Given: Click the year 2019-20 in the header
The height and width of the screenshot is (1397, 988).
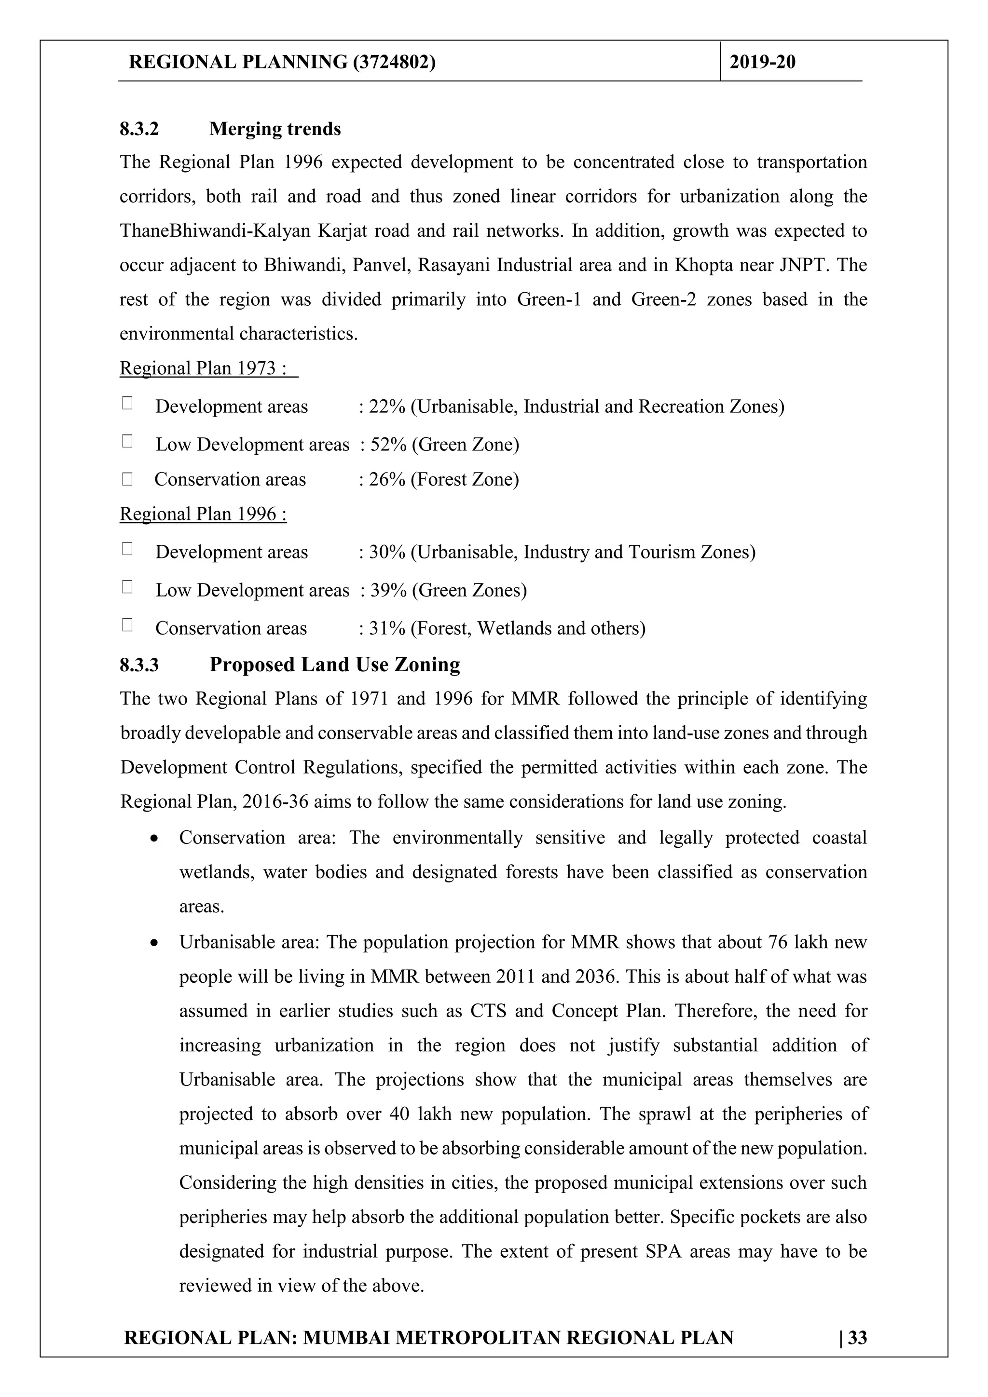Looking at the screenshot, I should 762,62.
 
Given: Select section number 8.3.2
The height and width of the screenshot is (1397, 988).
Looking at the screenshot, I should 139,129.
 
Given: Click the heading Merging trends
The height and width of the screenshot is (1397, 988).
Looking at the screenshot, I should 274,129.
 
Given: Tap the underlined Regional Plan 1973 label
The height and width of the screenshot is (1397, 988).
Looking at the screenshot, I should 203,368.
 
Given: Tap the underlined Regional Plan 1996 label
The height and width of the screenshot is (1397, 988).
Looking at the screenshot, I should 203,514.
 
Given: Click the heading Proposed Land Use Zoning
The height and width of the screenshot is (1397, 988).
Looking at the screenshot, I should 334,665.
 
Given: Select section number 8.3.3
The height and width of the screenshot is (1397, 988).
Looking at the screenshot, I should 139,665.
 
